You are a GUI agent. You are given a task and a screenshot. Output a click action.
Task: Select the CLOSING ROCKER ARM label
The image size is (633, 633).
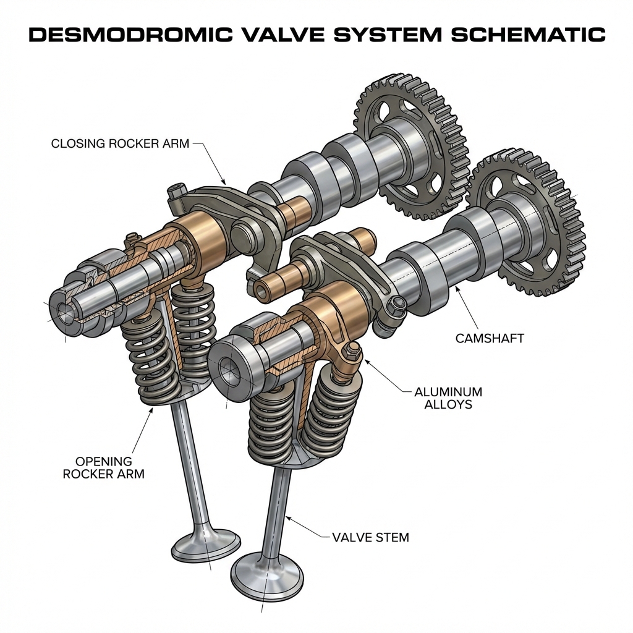tap(120, 144)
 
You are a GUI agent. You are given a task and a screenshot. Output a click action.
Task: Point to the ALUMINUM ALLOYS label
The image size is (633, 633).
tap(448, 398)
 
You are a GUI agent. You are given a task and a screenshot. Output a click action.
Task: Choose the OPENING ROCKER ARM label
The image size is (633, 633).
tap(103, 467)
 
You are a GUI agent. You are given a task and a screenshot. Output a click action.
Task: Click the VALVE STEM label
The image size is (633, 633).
tap(370, 537)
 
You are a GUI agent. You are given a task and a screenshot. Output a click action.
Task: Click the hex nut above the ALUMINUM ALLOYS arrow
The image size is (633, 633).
tap(354, 352)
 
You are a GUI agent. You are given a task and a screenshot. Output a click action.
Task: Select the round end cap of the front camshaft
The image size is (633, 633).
tap(232, 375)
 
